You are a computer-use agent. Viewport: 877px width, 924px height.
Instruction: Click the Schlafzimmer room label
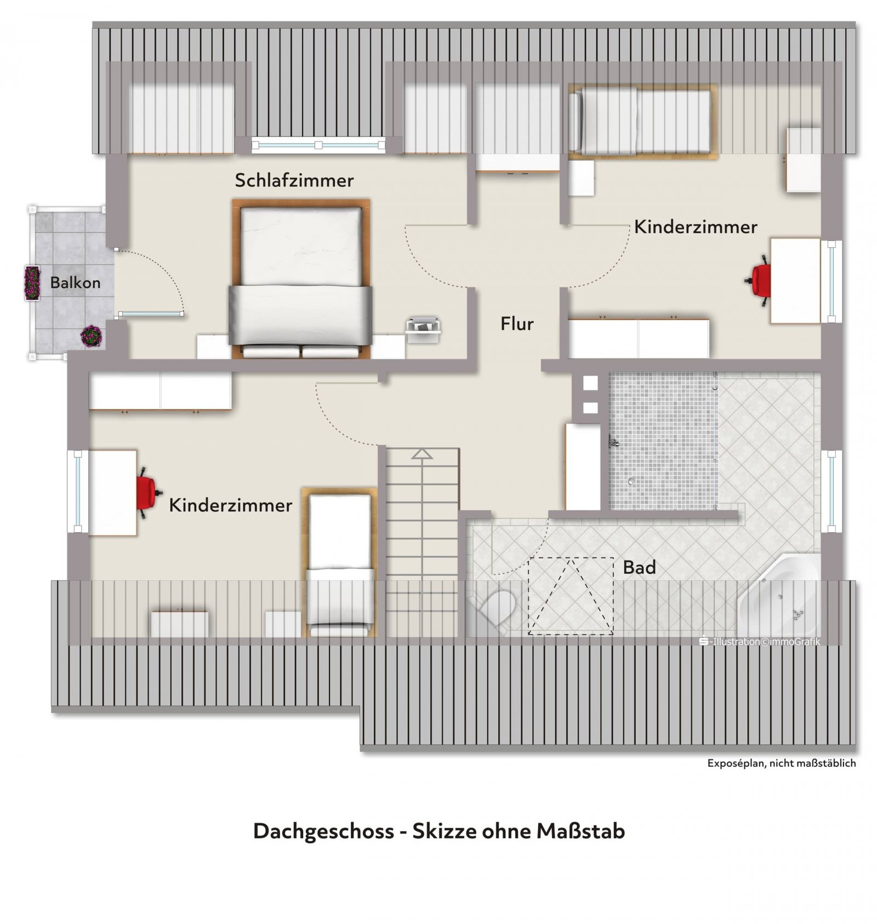(294, 180)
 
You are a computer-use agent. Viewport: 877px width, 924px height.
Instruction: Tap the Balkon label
(76, 283)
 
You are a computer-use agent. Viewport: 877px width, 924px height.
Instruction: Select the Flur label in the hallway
(517, 324)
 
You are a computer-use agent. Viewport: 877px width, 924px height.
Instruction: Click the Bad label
(639, 567)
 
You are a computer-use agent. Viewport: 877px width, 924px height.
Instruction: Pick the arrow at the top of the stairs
(422, 454)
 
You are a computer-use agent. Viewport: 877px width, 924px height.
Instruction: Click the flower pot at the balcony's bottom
(92, 336)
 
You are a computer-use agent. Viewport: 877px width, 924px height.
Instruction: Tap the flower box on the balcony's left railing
(32, 283)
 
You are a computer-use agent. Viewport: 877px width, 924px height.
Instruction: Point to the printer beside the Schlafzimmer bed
(423, 330)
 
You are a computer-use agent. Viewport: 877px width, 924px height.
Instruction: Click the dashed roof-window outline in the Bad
(571, 596)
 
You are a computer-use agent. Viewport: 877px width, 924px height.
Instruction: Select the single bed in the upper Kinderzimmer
(642, 121)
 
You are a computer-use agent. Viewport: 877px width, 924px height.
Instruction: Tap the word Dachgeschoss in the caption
(323, 831)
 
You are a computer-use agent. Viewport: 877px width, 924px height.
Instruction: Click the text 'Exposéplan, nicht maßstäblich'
(781, 763)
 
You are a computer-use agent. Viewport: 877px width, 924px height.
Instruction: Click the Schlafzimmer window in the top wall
(318, 145)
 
